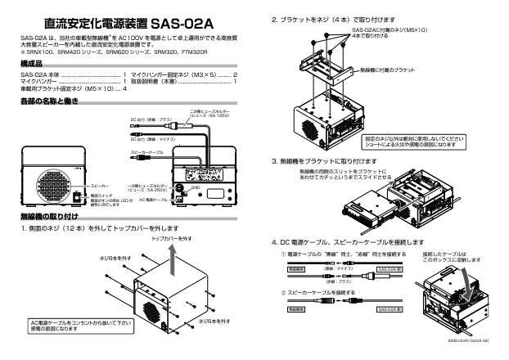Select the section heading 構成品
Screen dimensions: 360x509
pyautogui.click(x=33, y=63)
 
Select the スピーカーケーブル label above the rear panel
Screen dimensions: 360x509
pyautogui.click(x=148, y=152)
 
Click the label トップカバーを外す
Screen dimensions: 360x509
pyautogui.click(x=172, y=237)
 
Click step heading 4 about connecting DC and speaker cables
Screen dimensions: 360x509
pyautogui.click(x=347, y=243)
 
